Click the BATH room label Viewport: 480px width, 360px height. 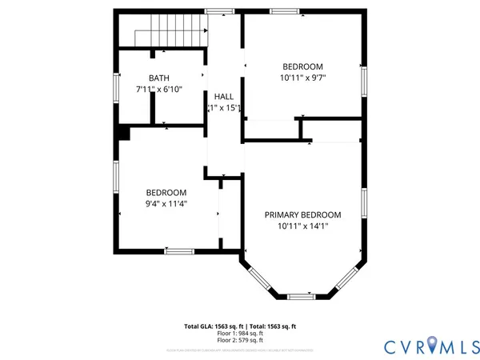click(x=159, y=78)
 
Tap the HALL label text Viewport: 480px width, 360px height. click(x=223, y=96)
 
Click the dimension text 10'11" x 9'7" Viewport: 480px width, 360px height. click(x=303, y=78)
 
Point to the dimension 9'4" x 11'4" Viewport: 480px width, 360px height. click(x=166, y=204)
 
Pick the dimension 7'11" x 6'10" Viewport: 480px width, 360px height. click(x=159, y=90)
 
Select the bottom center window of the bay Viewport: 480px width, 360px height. click(x=302, y=297)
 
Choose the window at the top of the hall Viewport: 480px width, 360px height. click(x=215, y=11)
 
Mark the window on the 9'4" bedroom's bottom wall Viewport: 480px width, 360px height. click(x=179, y=251)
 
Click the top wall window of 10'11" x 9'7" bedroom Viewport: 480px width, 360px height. click(x=282, y=11)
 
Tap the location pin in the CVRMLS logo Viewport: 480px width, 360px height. click(x=432, y=345)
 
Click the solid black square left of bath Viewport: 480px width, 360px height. click(x=122, y=132)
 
